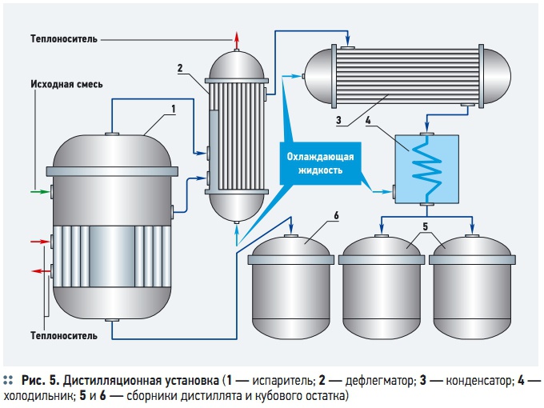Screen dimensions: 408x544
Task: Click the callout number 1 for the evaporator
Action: (173, 108)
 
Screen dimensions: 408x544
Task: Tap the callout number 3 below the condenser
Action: (339, 120)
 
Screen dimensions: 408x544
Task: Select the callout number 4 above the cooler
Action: (368, 121)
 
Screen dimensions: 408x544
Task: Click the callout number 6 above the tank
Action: (337, 216)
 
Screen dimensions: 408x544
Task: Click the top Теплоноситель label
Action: (66, 38)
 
